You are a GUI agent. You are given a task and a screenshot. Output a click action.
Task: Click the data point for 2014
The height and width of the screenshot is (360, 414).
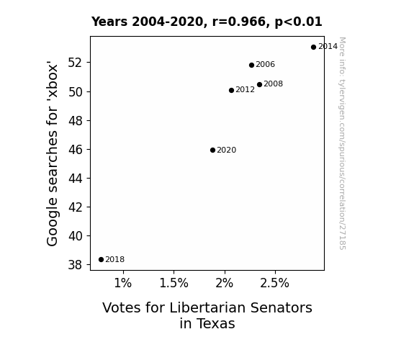click(313, 48)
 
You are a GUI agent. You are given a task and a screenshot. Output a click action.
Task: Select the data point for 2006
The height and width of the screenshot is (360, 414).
click(251, 65)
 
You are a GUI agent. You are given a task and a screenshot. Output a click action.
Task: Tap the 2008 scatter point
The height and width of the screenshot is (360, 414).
click(259, 84)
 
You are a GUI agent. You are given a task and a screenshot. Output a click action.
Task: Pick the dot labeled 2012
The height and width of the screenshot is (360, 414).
click(231, 90)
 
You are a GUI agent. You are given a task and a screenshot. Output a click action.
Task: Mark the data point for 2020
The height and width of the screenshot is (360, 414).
click(212, 150)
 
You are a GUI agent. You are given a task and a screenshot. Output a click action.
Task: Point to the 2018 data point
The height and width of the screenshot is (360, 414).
click(101, 260)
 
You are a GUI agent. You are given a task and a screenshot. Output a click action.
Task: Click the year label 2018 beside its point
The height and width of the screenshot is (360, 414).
click(115, 260)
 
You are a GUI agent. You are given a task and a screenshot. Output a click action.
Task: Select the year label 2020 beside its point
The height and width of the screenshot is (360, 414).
click(227, 150)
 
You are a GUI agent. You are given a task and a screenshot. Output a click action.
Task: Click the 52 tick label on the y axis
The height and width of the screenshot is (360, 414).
click(76, 63)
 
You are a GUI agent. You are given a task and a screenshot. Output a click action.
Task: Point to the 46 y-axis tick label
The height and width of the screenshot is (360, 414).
click(76, 150)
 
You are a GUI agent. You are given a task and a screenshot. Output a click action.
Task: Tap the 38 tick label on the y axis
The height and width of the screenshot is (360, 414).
click(76, 265)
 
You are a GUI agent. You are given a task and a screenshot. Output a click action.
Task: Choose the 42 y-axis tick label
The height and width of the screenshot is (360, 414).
click(76, 207)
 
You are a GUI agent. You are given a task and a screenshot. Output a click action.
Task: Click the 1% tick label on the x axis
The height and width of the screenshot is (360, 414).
click(123, 283)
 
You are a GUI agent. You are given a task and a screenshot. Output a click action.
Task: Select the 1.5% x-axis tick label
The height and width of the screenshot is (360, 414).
click(174, 283)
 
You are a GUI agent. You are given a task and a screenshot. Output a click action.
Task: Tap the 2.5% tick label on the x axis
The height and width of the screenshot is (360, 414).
click(274, 283)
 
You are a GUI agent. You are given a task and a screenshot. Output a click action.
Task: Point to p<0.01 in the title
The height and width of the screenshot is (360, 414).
click(298, 22)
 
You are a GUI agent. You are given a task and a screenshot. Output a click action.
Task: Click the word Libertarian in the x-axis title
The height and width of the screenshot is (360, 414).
click(207, 307)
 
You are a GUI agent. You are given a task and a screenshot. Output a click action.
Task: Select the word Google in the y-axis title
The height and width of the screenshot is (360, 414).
click(52, 222)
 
